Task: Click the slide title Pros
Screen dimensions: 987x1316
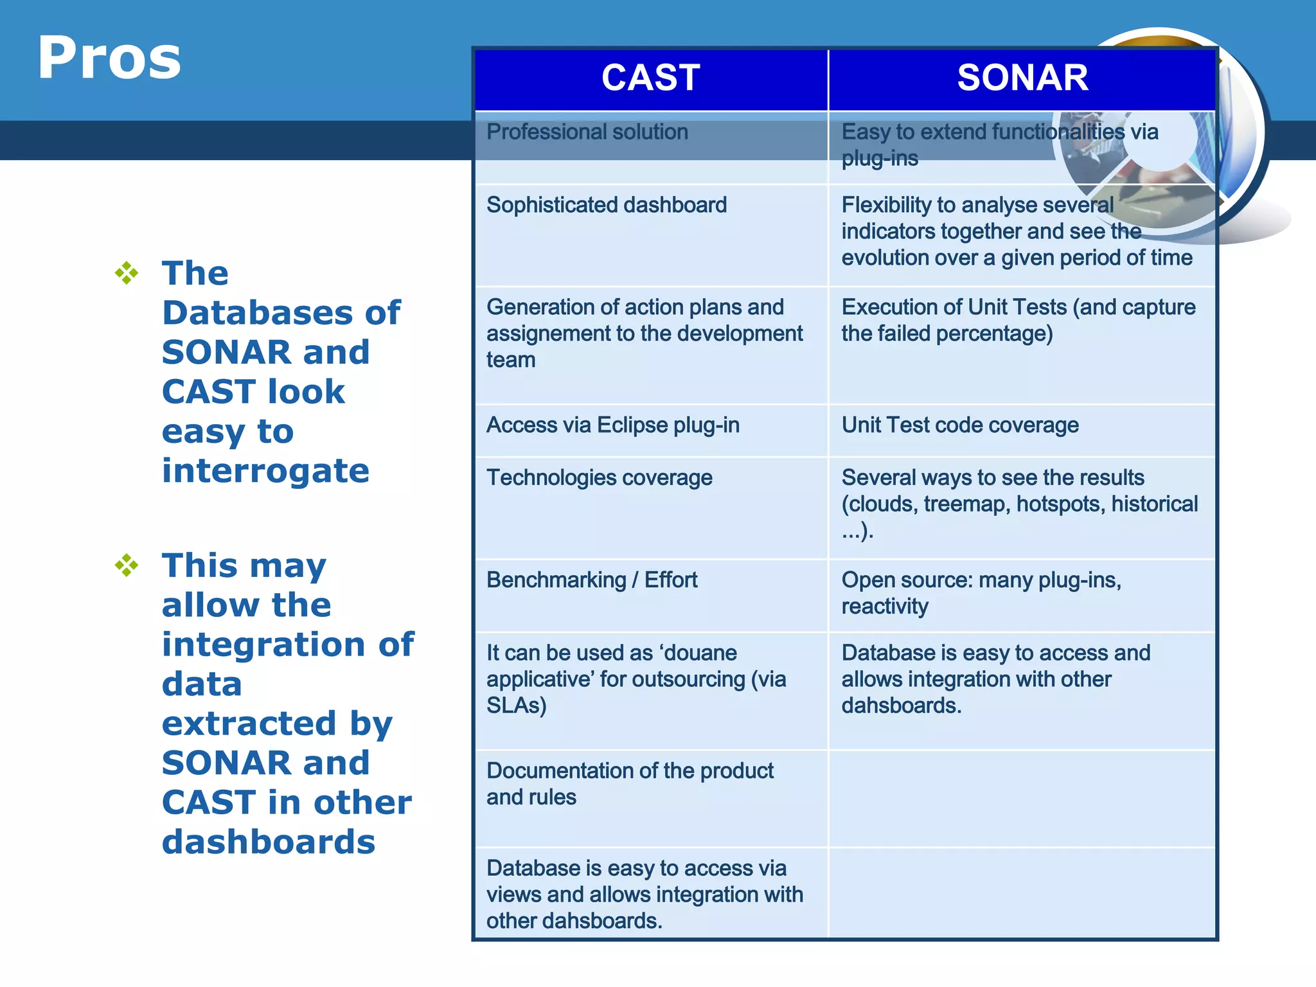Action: click(x=109, y=58)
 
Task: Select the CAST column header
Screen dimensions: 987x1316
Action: click(x=650, y=78)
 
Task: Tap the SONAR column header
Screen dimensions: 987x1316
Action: click(x=1022, y=78)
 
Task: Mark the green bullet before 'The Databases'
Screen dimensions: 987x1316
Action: click(x=127, y=273)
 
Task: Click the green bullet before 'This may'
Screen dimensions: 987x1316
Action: click(x=127, y=565)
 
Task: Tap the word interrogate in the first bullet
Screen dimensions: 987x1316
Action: click(x=265, y=471)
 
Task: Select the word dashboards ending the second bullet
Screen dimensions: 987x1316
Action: click(x=268, y=842)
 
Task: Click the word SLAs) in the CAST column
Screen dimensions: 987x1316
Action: click(x=516, y=706)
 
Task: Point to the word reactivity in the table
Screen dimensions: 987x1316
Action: click(x=884, y=607)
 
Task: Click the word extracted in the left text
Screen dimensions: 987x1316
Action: click(x=249, y=724)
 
